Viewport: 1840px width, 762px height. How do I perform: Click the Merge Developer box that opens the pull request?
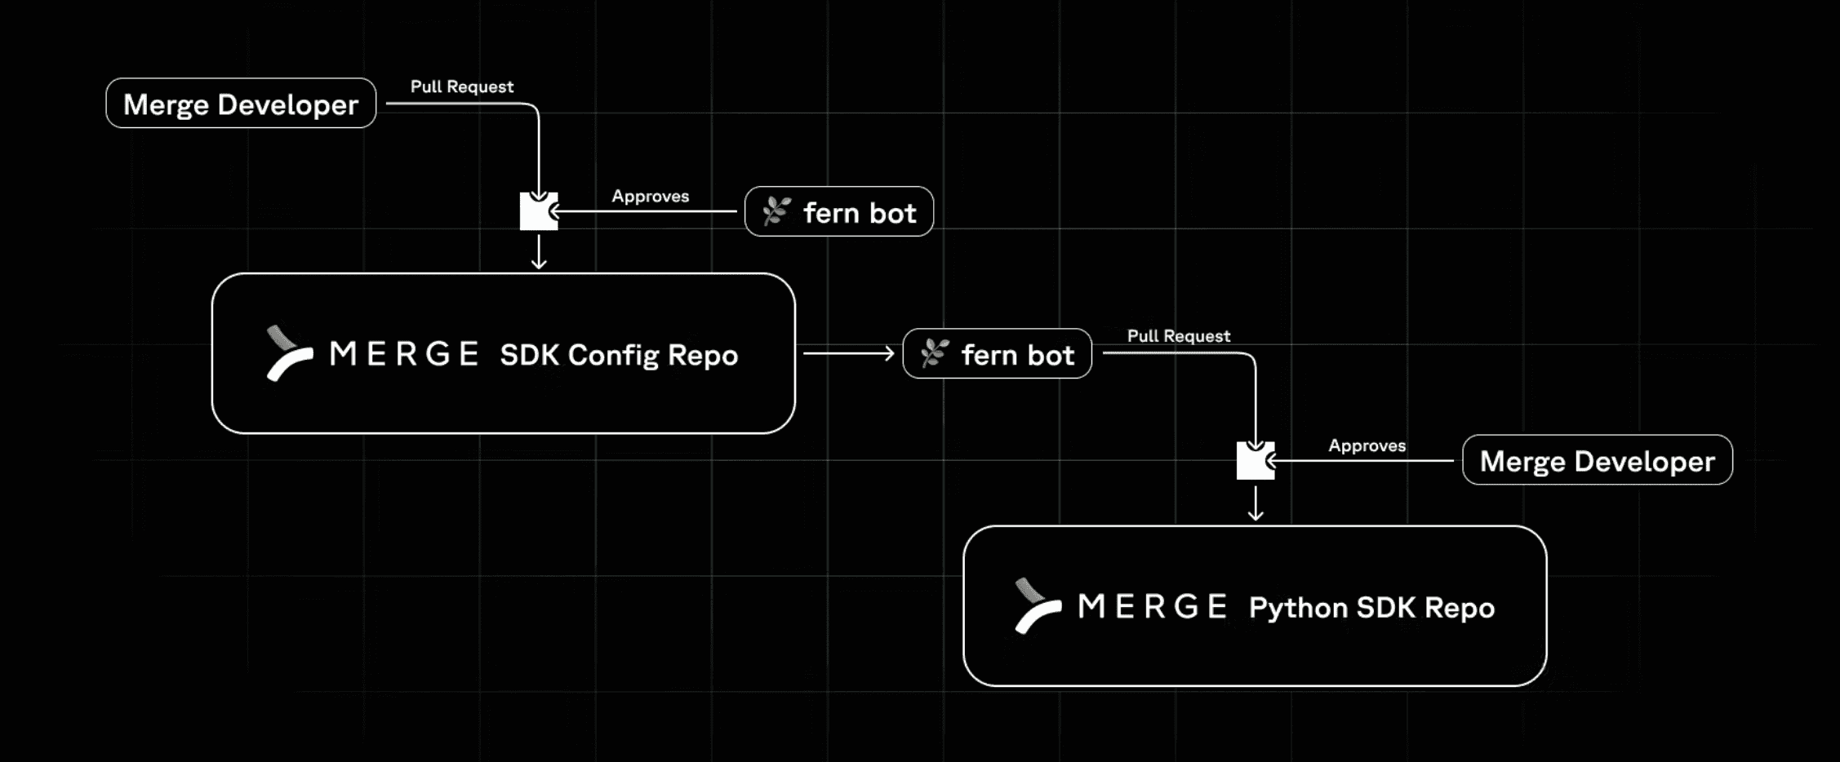point(241,104)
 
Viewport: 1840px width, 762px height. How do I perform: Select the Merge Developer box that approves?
point(1597,461)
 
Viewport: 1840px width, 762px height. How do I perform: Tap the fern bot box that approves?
point(839,212)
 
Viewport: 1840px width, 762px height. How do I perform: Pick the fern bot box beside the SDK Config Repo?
point(997,354)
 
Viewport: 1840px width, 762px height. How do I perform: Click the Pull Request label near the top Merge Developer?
point(461,86)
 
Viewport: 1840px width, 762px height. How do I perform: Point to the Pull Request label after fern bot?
point(1178,336)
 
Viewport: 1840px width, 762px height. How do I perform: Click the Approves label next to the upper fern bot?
point(650,197)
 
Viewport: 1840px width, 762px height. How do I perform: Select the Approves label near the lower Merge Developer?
point(1367,446)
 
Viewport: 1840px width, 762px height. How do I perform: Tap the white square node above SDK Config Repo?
point(539,212)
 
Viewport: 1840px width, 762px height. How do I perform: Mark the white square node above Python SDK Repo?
point(1255,462)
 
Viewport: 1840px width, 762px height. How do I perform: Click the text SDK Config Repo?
point(619,356)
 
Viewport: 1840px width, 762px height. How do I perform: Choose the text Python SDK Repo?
point(1371,609)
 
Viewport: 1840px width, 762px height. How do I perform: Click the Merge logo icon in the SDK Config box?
point(289,353)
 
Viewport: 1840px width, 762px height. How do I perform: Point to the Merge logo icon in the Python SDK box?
point(1037,606)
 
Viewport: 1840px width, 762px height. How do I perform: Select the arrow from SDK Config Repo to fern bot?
point(849,353)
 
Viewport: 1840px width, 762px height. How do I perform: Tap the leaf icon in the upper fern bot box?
point(776,212)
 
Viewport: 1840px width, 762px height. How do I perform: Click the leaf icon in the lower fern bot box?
point(935,354)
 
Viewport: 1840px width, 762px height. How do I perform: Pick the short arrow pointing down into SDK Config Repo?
point(539,252)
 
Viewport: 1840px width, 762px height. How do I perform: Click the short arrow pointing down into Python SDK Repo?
point(1256,503)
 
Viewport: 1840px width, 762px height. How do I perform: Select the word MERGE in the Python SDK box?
point(1152,607)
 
